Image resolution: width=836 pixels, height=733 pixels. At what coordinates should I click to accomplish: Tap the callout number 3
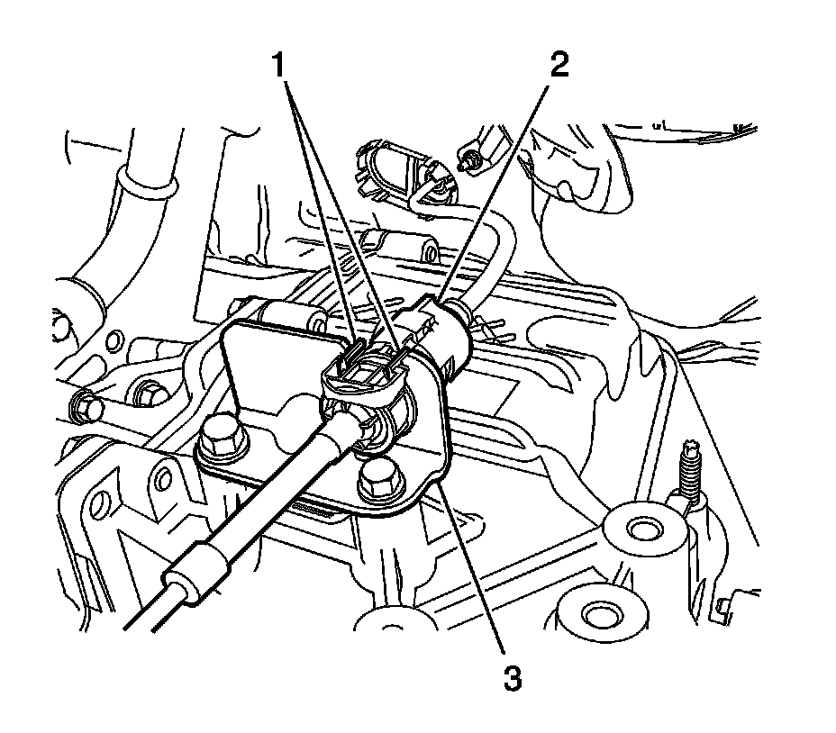[x=513, y=676]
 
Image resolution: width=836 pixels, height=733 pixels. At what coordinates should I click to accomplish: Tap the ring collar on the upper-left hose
[x=143, y=186]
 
